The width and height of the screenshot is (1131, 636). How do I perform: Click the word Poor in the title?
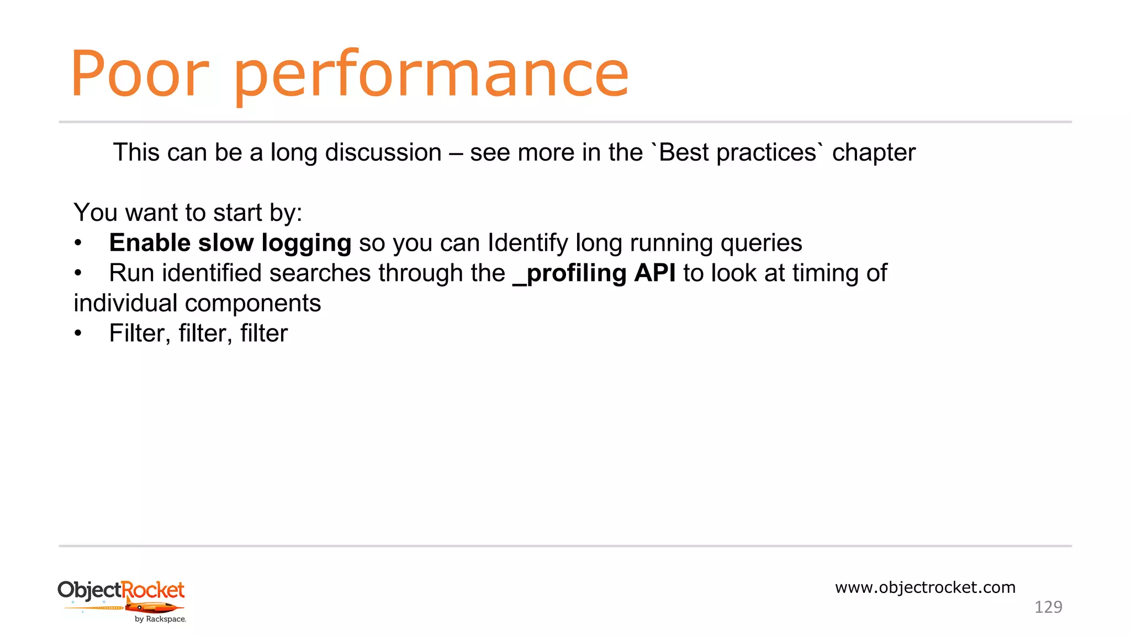click(x=139, y=75)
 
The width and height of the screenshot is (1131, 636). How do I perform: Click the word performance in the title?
click(x=431, y=76)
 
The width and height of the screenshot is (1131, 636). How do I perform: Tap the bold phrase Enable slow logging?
click(x=230, y=243)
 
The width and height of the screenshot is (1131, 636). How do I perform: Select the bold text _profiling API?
click(x=594, y=273)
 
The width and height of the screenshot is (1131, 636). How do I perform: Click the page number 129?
click(x=1048, y=607)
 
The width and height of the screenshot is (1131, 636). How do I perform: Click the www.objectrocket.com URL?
click(x=925, y=587)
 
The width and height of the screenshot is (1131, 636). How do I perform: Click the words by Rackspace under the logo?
click(x=160, y=619)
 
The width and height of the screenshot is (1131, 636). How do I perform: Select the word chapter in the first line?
click(x=873, y=153)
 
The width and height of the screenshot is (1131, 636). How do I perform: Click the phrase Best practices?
click(x=737, y=153)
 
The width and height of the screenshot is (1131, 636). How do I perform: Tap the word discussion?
click(x=383, y=153)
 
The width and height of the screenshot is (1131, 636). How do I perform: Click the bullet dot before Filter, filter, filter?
click(x=78, y=333)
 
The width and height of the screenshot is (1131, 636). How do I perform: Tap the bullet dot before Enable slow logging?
click(x=78, y=243)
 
